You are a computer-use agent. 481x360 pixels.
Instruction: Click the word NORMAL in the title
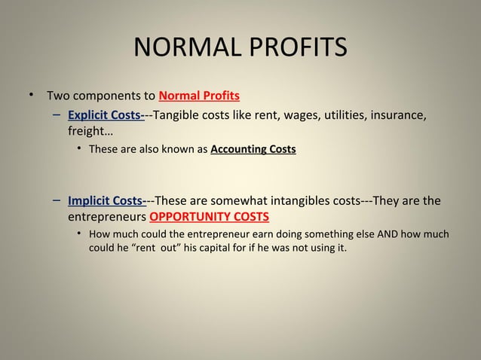182,47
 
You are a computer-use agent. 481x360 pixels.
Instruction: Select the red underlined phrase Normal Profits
200,96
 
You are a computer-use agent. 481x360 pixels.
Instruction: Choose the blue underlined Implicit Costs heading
107,201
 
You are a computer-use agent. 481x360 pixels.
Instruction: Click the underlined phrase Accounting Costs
253,149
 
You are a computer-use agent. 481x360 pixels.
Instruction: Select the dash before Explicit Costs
57,115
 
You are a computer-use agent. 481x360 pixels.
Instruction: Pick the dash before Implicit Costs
57,201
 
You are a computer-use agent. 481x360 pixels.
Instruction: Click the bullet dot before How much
79,234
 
